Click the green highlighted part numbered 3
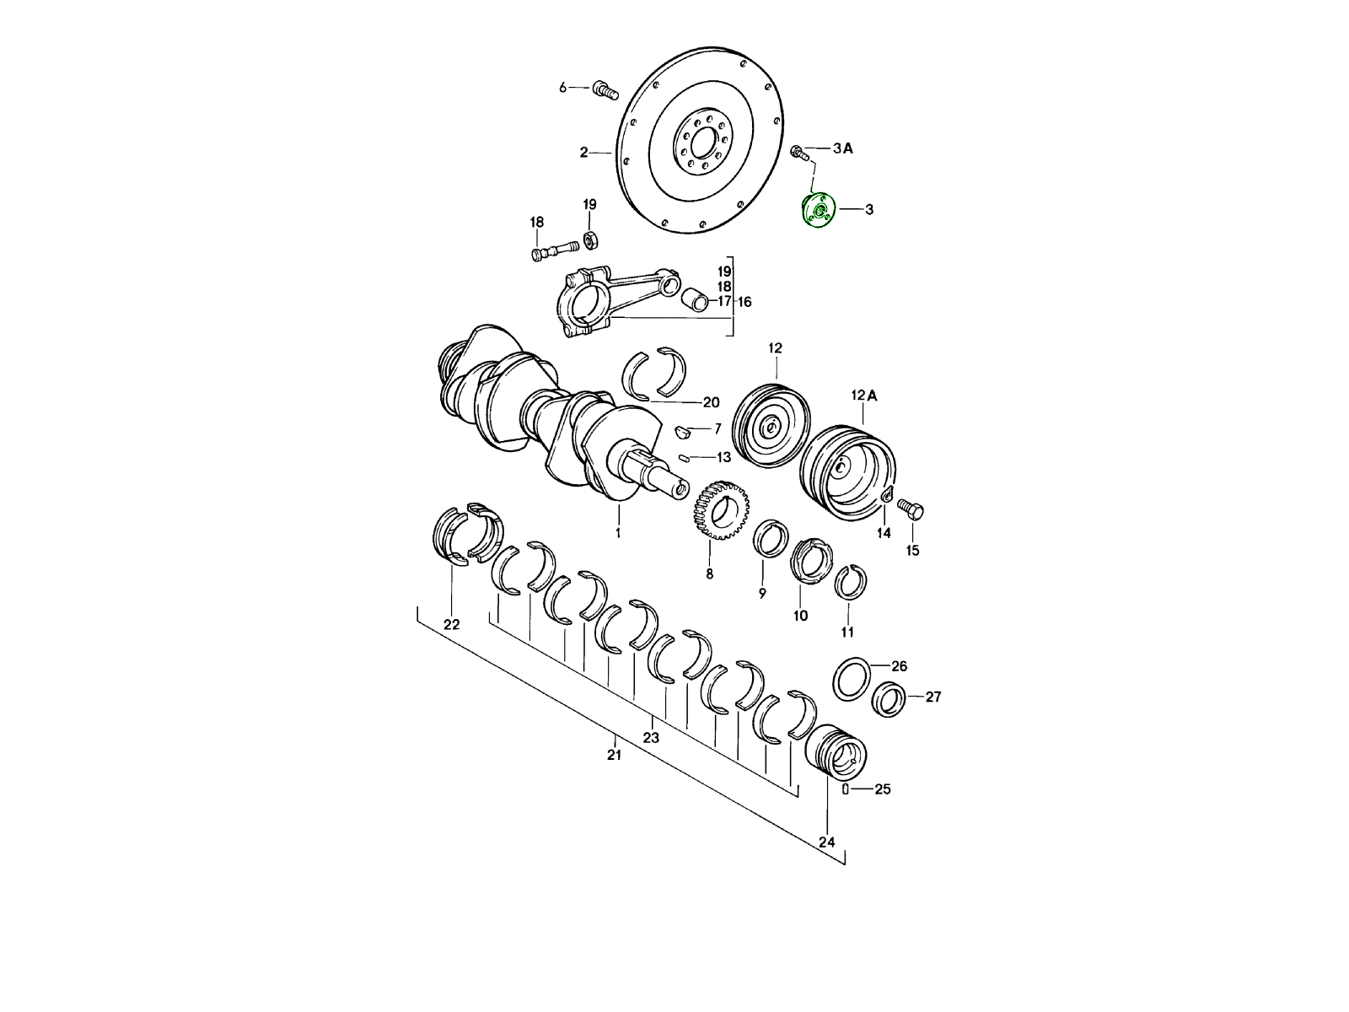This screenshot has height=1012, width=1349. point(820,211)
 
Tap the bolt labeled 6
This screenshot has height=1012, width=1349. point(605,92)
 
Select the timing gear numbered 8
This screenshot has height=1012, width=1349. point(722,510)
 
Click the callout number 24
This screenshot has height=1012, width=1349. point(826,842)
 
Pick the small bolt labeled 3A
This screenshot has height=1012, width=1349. point(799,153)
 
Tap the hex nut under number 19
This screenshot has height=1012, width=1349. point(591,240)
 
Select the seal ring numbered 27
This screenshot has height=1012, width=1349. point(889,699)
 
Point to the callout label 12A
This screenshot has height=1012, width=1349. point(864,396)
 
